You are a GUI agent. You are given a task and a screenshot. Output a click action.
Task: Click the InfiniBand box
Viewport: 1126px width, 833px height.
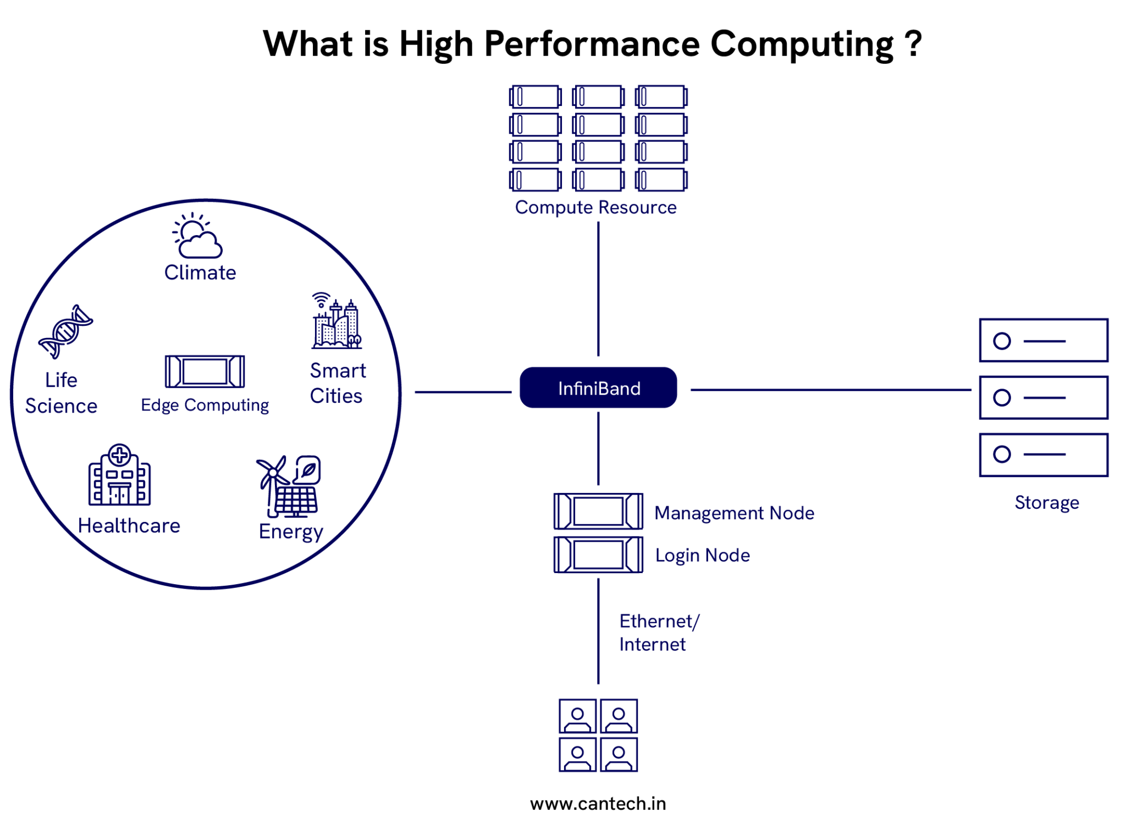tap(598, 388)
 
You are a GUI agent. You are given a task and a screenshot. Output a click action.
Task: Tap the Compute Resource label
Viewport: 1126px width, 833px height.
tap(595, 208)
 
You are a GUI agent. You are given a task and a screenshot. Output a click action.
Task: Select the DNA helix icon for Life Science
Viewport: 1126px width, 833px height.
tap(65, 331)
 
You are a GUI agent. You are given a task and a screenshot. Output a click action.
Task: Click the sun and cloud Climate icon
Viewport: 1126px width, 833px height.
tap(197, 236)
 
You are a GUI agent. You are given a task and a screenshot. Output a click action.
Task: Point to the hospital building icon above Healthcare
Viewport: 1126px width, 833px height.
tap(119, 475)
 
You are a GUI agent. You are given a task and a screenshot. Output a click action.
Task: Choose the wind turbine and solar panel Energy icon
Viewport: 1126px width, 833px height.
tap(289, 486)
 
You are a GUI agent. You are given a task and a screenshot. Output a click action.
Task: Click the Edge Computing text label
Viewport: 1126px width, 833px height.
tap(205, 406)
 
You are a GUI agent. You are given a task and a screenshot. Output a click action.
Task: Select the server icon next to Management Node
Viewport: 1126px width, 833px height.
tap(598, 511)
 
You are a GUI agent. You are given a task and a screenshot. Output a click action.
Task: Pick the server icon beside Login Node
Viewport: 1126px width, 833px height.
tap(598, 554)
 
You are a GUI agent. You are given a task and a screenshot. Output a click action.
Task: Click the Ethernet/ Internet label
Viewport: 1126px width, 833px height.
tap(658, 632)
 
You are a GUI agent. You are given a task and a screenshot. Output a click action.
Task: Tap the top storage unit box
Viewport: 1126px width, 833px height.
tap(1043, 341)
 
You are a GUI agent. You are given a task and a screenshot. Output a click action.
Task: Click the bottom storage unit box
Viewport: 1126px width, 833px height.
tap(1043, 454)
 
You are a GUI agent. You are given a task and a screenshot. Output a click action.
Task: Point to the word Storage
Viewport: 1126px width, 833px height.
tap(1046, 502)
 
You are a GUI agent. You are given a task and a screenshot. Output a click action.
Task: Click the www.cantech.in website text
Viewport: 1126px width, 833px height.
tap(598, 803)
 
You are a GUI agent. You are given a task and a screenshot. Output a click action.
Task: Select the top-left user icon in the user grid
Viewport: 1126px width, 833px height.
tap(577, 716)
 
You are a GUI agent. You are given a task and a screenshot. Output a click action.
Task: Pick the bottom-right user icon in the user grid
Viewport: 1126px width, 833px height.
tap(619, 754)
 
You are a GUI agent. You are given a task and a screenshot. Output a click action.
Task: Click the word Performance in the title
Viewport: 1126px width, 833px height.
tap(592, 44)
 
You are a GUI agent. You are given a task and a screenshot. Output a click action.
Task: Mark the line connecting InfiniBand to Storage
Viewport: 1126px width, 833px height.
tap(830, 390)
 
